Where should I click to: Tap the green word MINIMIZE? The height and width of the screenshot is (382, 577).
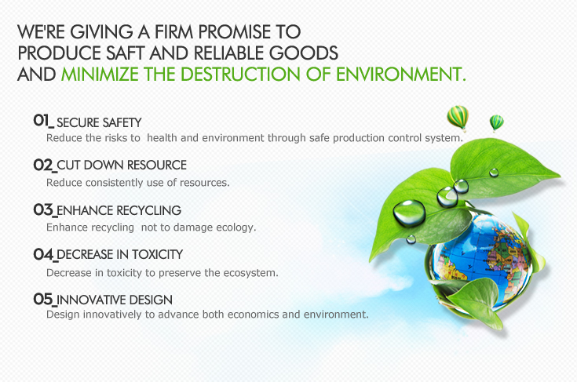(100, 75)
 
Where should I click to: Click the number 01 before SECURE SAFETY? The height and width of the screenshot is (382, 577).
(42, 120)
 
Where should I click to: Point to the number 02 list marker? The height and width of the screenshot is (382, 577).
(43, 165)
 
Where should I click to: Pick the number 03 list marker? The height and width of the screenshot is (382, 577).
(43, 210)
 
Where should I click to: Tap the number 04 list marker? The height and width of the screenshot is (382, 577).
(43, 254)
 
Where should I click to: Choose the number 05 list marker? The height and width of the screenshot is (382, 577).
(43, 299)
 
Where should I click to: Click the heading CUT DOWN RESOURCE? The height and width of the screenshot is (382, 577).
(122, 165)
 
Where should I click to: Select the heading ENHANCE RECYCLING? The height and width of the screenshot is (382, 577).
(119, 210)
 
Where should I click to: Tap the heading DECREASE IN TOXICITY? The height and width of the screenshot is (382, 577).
(120, 254)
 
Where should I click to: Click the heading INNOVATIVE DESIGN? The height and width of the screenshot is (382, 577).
(115, 300)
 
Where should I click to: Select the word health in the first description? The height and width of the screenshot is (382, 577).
(162, 138)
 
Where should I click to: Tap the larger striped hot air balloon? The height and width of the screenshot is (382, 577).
(458, 118)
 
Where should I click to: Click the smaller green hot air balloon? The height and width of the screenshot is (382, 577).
(496, 123)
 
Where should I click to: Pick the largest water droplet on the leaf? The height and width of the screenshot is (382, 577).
(409, 213)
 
